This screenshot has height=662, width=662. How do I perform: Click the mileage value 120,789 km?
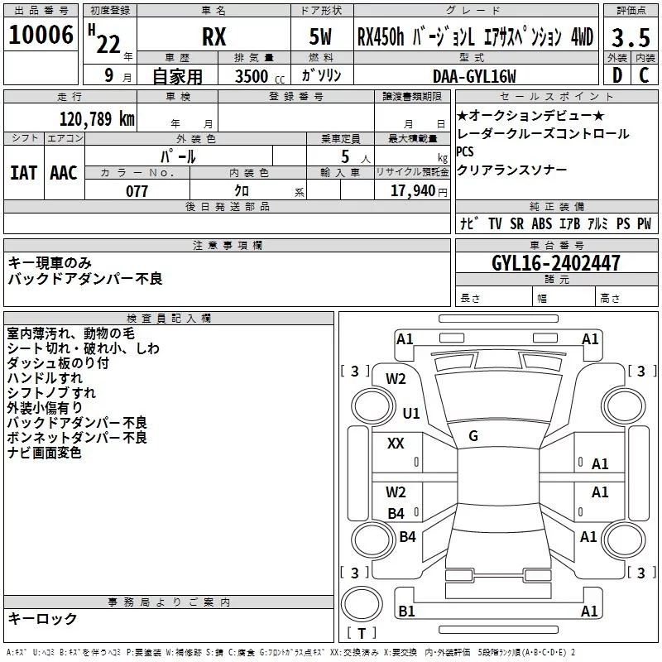tap(97, 118)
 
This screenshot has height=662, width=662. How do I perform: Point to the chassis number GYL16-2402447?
tap(556, 263)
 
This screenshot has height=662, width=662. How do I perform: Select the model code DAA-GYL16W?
tap(474, 76)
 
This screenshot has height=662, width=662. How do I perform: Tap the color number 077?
tap(137, 191)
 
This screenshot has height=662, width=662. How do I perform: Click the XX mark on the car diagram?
tap(396, 444)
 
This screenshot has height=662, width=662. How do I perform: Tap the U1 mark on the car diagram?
tap(411, 413)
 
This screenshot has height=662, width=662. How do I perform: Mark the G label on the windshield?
tap(473, 435)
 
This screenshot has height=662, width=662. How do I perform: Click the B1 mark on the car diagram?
tap(406, 611)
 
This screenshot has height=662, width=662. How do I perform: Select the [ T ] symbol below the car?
tap(367, 634)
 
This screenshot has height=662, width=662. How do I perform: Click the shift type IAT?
tap(23, 173)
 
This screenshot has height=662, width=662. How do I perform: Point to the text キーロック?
tap(43, 618)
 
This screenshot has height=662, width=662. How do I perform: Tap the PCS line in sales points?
tap(466, 151)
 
